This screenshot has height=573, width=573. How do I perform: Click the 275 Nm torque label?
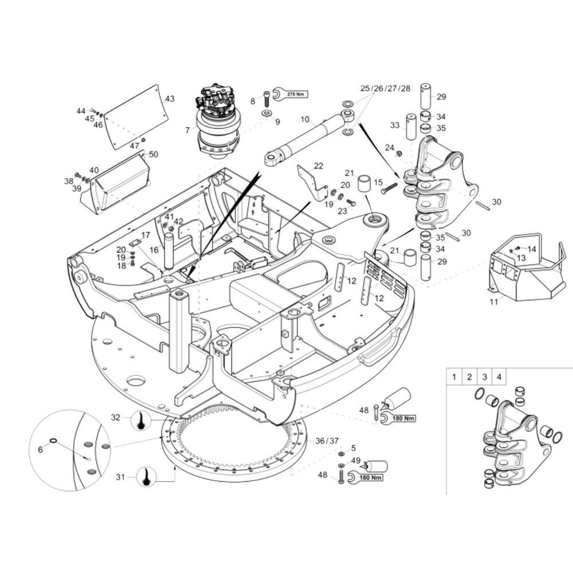click(295, 95)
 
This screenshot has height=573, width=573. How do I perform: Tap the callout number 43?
click(170, 99)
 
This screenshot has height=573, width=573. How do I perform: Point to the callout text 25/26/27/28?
click(385, 88)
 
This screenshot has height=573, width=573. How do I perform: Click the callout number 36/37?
click(327, 441)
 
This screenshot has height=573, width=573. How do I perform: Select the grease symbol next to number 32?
click(141, 420)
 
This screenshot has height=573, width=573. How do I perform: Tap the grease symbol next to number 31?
click(147, 477)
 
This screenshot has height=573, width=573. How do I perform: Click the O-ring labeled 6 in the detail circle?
click(53, 440)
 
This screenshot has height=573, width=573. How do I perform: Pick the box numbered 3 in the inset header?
click(485, 377)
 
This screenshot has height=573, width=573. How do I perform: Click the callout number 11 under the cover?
click(494, 302)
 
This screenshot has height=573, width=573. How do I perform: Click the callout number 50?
click(154, 154)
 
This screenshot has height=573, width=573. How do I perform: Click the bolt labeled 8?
click(266, 99)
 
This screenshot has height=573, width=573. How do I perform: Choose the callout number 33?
click(395, 125)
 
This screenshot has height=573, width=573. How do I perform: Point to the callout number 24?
click(390, 147)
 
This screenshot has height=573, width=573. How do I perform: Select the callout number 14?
click(532, 249)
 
